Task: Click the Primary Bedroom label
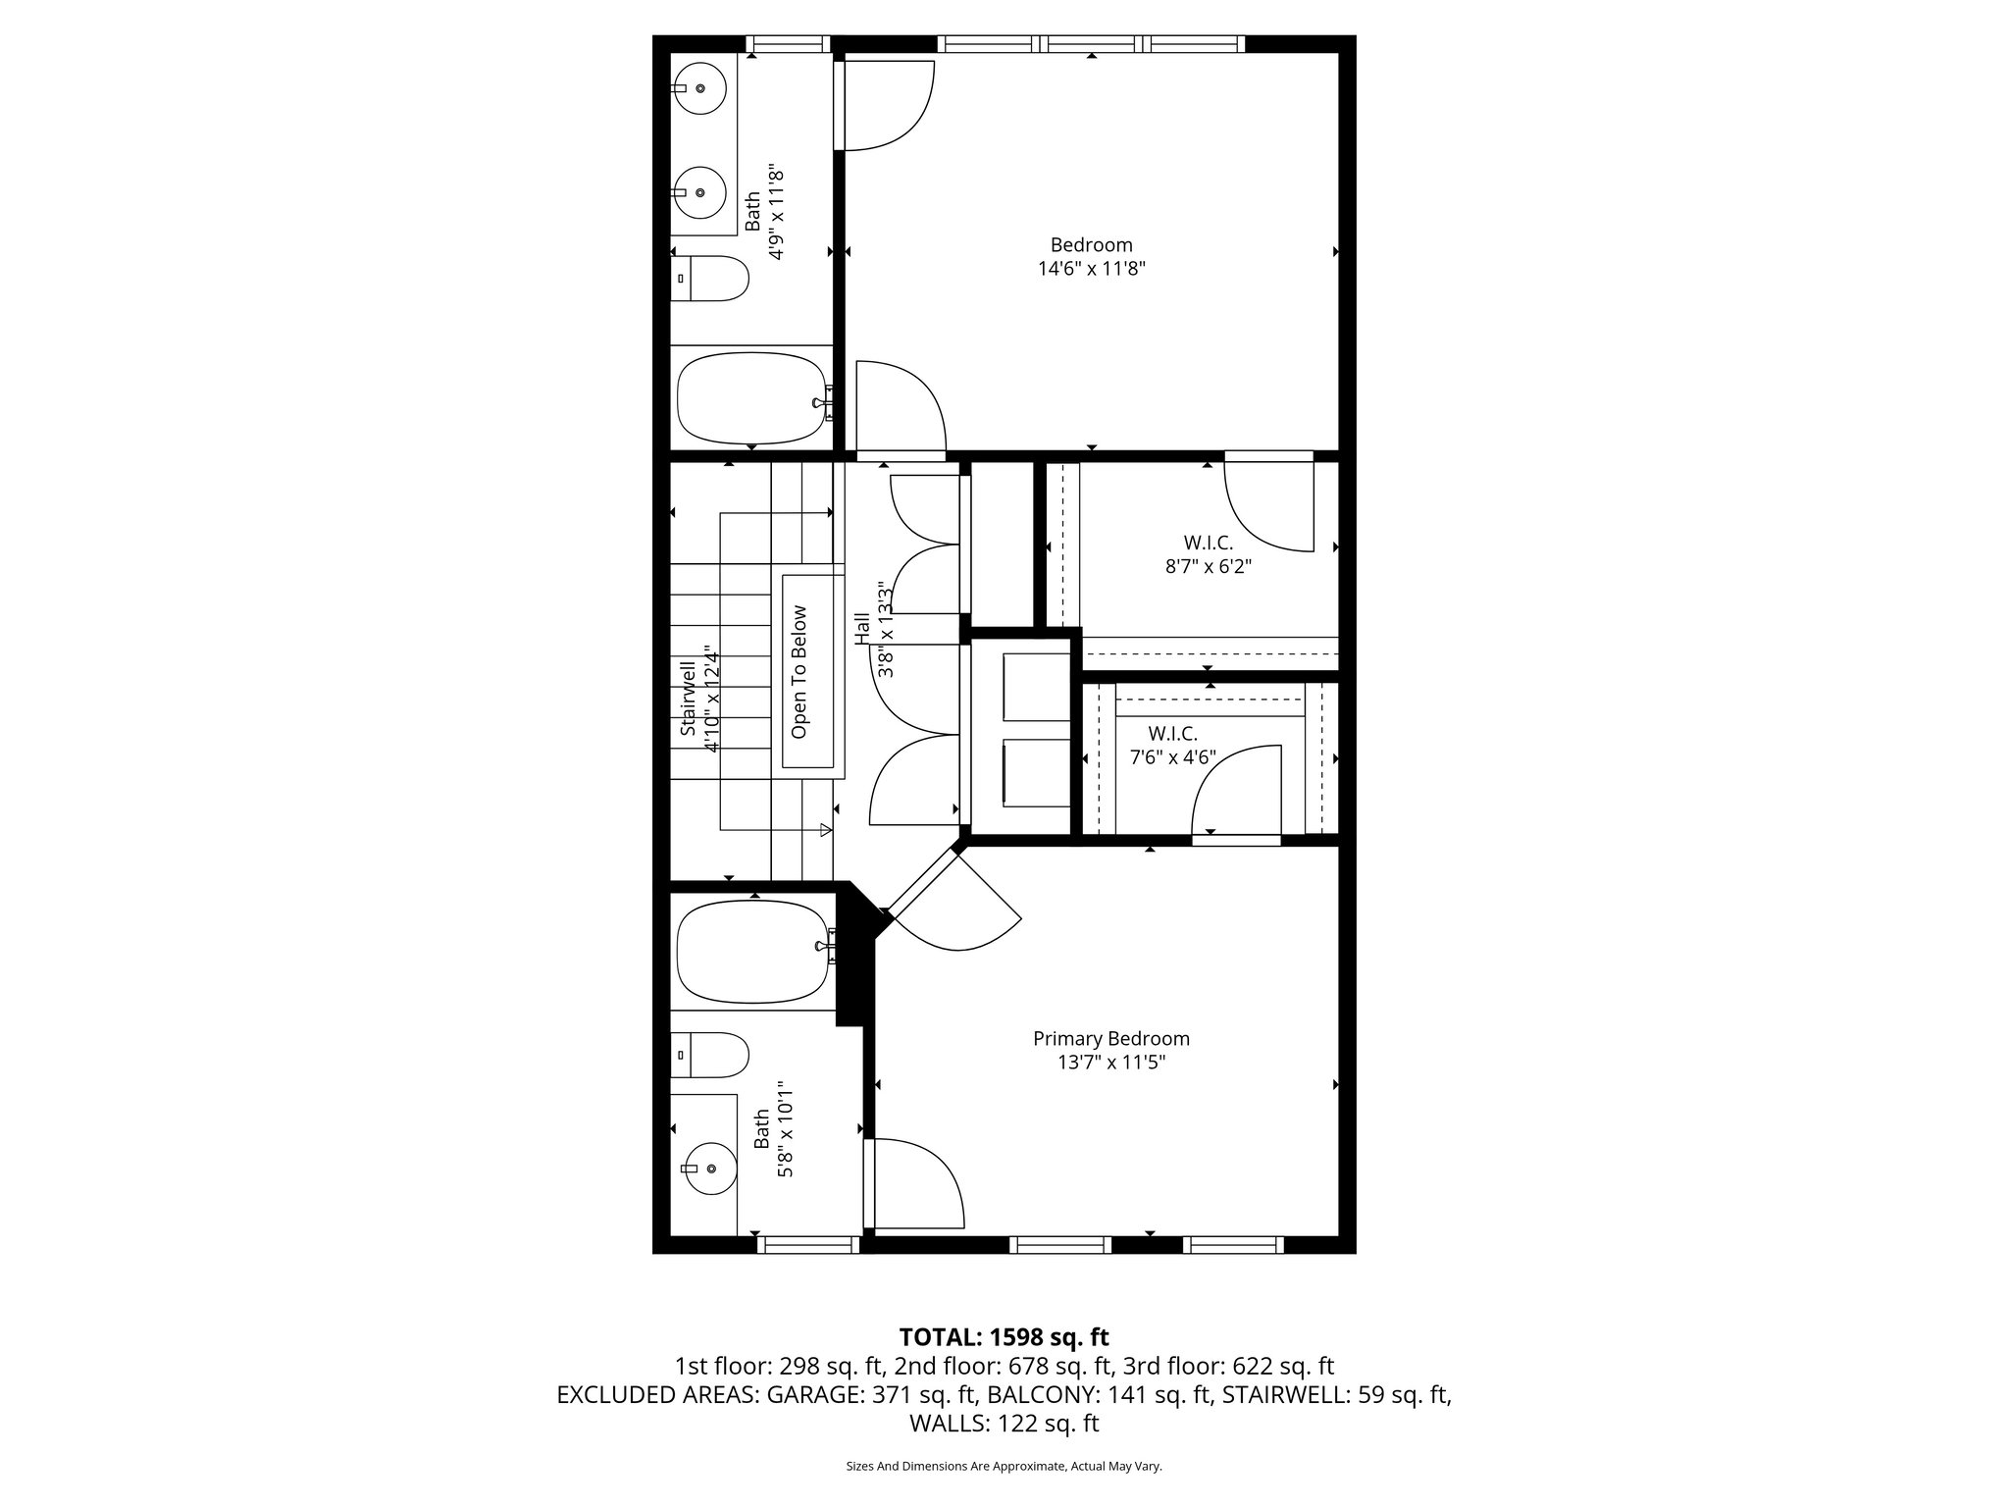pos(1110,1038)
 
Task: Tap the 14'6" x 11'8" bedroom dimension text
pos(1091,268)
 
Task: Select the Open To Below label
pos(798,672)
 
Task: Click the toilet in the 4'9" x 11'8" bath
pos(710,279)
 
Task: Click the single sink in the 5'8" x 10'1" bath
pos(708,1168)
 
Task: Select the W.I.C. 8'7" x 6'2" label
pos(1208,554)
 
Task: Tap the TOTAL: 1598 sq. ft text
pos(1004,1337)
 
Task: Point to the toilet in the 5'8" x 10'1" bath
pos(710,1055)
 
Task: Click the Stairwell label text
pos(688,699)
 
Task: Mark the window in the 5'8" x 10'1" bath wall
pos(807,1245)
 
